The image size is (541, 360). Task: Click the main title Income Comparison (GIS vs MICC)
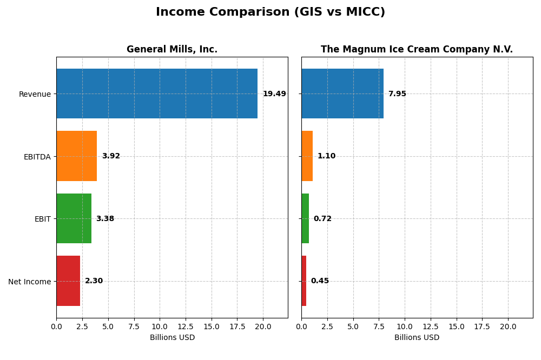(270, 12)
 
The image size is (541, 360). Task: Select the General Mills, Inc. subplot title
(172, 50)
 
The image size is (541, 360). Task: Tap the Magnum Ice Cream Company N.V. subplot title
(417, 50)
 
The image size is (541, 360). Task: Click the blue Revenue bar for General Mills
(157, 94)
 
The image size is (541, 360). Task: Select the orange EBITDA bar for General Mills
(76, 156)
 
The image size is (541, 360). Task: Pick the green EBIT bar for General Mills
(74, 218)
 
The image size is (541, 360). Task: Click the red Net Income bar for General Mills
(68, 281)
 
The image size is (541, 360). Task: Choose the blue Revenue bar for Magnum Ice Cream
(342, 94)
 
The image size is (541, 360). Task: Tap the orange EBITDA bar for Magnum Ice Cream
(307, 156)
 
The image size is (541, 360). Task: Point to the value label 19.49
(274, 94)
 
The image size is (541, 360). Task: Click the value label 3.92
(111, 156)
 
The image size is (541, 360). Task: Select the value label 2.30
(94, 281)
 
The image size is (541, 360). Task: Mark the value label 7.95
(397, 94)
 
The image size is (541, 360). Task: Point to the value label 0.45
(320, 281)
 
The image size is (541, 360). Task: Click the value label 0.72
(322, 219)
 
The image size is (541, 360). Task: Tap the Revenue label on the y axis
(35, 94)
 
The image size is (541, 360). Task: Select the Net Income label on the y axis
(30, 282)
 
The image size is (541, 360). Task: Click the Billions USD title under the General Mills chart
(172, 338)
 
